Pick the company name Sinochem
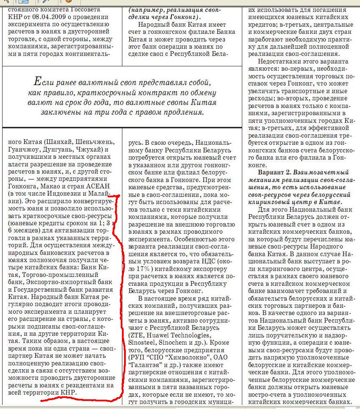175,342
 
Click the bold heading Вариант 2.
276,173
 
